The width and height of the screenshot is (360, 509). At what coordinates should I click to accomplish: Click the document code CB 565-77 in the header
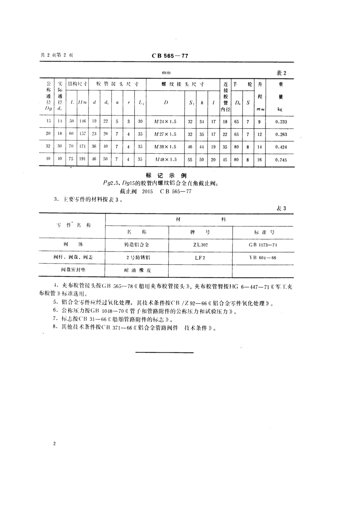click(x=170, y=56)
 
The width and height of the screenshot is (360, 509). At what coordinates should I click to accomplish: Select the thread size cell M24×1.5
click(x=166, y=122)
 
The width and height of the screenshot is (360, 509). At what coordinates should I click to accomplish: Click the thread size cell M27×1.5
click(x=166, y=134)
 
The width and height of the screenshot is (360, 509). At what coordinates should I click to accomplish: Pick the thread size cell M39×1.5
click(x=166, y=147)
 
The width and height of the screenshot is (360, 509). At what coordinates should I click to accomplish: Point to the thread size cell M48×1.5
click(x=166, y=160)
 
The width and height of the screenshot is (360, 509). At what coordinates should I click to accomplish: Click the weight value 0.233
click(x=281, y=122)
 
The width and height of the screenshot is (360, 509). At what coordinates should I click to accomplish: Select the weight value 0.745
click(x=281, y=160)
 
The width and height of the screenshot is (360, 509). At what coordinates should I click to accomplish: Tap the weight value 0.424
click(x=281, y=147)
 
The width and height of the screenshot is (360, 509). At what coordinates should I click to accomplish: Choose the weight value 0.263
click(x=281, y=134)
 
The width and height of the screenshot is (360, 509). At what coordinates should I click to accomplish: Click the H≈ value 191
click(x=82, y=160)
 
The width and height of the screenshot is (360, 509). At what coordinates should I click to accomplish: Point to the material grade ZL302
click(x=200, y=245)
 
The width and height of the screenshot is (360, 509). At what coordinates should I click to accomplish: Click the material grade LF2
click(x=200, y=258)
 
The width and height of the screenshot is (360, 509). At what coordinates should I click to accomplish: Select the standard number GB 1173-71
click(x=263, y=245)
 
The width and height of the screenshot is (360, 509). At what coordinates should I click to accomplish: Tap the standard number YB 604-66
click(x=263, y=258)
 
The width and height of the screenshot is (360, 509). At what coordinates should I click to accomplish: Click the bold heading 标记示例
click(x=161, y=175)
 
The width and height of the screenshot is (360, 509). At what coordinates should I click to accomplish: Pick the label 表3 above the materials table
click(x=280, y=209)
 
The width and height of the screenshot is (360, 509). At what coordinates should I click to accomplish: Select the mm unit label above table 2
click(x=166, y=73)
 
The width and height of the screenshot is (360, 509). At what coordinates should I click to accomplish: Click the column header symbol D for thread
click(x=166, y=103)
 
